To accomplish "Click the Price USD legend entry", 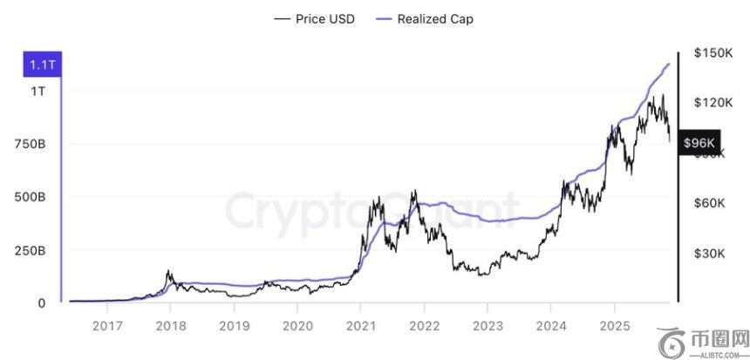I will point(314,18).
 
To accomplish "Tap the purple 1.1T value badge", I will point(43,65).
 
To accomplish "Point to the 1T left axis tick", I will point(39,92).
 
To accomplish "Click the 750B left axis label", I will point(31,144).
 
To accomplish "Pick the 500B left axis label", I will point(31,197).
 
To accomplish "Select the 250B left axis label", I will point(31,251).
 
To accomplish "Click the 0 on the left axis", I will point(41,303).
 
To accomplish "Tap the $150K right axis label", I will point(712,53).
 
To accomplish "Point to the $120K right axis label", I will point(712,103).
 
